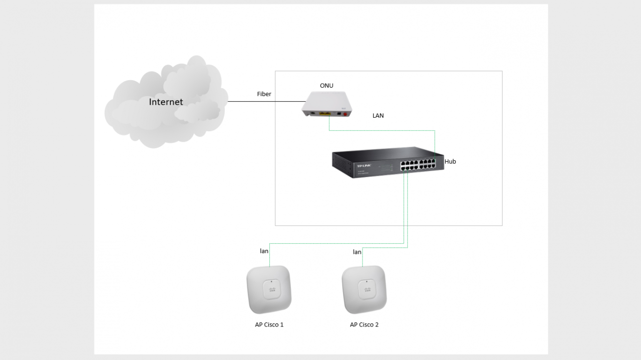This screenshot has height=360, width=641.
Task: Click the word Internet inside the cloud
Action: pos(166,102)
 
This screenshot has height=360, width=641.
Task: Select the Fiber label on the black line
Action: pos(264,94)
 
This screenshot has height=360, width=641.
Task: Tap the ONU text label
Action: pos(327,86)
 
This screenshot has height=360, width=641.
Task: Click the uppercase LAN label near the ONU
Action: pos(378,116)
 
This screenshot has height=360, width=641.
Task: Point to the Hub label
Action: pos(450,162)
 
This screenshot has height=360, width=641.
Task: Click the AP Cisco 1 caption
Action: pos(269,324)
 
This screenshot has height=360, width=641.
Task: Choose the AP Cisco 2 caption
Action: pos(364,324)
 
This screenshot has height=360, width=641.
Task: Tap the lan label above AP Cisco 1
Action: pos(264,251)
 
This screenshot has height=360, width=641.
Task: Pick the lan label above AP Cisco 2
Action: pos(357,252)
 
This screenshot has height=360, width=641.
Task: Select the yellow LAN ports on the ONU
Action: pos(326,114)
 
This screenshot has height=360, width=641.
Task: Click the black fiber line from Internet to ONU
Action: pos(250,102)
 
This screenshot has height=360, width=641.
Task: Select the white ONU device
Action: pos(325,103)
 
